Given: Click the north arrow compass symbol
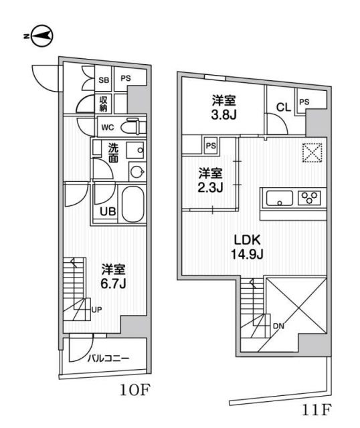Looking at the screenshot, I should tap(42, 35).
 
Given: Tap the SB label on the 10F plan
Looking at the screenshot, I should tap(103, 79).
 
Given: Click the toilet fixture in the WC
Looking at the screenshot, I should tap(133, 126).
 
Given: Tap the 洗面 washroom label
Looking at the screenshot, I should tap(114, 153).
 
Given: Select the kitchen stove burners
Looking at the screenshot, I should tap(311, 198).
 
